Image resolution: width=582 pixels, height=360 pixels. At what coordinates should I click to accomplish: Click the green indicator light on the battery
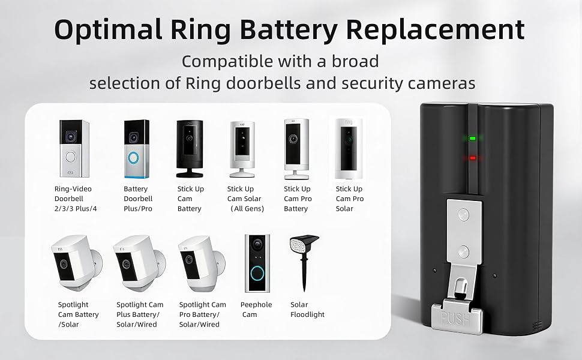coord(473,138)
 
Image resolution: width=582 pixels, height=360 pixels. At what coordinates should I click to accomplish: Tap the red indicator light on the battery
coord(473,158)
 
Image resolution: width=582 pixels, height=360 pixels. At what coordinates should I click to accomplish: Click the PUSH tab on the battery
coord(457,317)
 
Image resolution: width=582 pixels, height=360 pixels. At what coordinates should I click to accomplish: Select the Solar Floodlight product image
coord(304,263)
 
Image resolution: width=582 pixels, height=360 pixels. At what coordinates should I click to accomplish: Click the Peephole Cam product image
coord(257,263)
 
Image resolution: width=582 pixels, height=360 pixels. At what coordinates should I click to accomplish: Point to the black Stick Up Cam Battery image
coord(190,148)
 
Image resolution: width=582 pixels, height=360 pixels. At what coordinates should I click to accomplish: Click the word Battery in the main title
coord(289,29)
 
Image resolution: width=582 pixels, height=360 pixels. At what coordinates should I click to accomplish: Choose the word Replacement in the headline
coord(436,29)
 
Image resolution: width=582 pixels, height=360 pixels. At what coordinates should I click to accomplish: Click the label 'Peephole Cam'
coord(256,310)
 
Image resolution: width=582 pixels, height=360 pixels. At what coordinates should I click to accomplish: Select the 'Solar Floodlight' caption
coord(307,310)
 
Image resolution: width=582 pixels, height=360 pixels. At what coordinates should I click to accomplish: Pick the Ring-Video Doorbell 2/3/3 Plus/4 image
coord(74,148)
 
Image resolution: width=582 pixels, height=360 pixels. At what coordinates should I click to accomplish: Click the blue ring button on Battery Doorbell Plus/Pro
coord(133,158)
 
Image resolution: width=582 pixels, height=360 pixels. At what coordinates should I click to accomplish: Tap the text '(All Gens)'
coord(247,209)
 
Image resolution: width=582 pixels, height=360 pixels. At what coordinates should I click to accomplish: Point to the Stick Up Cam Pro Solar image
coord(349,149)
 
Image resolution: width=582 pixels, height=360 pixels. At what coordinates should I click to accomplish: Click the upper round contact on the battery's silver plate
coord(463,215)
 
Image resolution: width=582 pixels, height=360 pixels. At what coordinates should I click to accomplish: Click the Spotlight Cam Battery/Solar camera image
coord(77,263)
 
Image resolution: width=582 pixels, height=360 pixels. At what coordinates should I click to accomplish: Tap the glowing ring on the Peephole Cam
coord(257,274)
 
